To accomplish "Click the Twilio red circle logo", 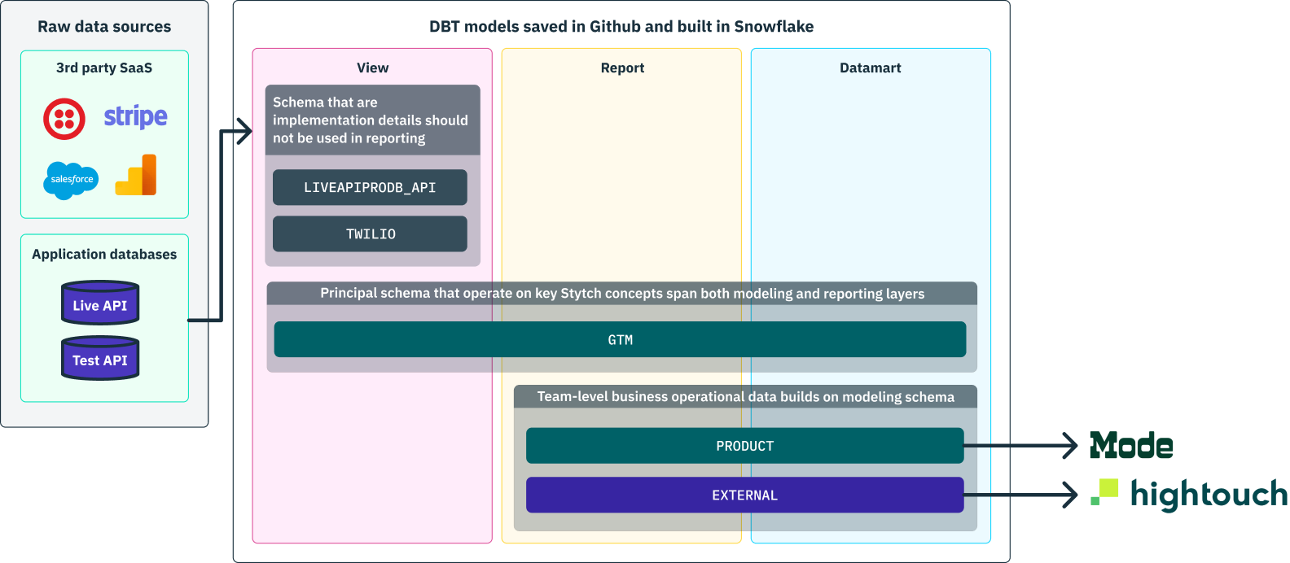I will pos(64,119).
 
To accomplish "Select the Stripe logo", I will pos(135,117).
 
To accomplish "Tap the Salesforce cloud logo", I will pos(71,180).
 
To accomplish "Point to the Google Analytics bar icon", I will pos(136,176).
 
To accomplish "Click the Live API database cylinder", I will pos(100,303).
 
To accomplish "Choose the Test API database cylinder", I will pos(100,359).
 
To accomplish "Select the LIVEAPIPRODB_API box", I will pos(370,187).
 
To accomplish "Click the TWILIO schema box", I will pos(370,234).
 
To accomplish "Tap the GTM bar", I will pos(620,339).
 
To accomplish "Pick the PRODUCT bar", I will pos(744,446).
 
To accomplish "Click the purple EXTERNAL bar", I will pos(744,495).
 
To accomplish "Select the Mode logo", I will pos(1131,446).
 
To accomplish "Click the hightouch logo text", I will pos(1209,494).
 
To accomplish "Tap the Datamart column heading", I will pos(870,68).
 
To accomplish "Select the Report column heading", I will pos(622,68).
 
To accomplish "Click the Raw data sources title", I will pos(104,27).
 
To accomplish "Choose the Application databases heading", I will pos(104,255).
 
